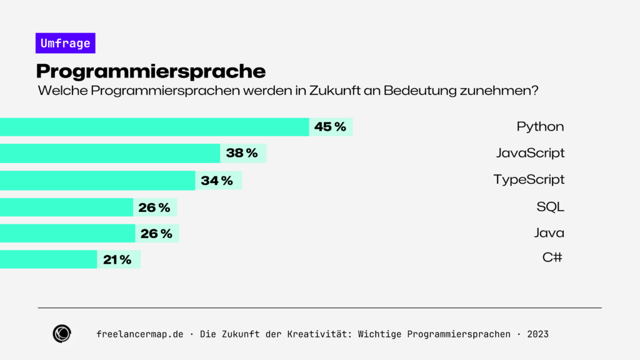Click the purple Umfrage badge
pos(65,43)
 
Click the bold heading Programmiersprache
pos(151,71)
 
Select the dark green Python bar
pos(154,127)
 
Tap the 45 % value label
pos(330,127)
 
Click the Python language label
pos(540,127)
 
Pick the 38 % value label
pos(242,153)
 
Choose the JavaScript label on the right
pos(530,153)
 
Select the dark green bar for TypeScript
pos(97,181)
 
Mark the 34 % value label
pos(217,181)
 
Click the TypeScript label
pos(529,180)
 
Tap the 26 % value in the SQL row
pos(154,207)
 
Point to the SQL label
pos(550,207)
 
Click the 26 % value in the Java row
pos(156,234)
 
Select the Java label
pos(549,233)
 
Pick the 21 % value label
pos(117,260)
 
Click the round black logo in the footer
pos(62,334)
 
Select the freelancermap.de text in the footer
pos(140,334)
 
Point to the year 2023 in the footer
pos(537,334)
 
